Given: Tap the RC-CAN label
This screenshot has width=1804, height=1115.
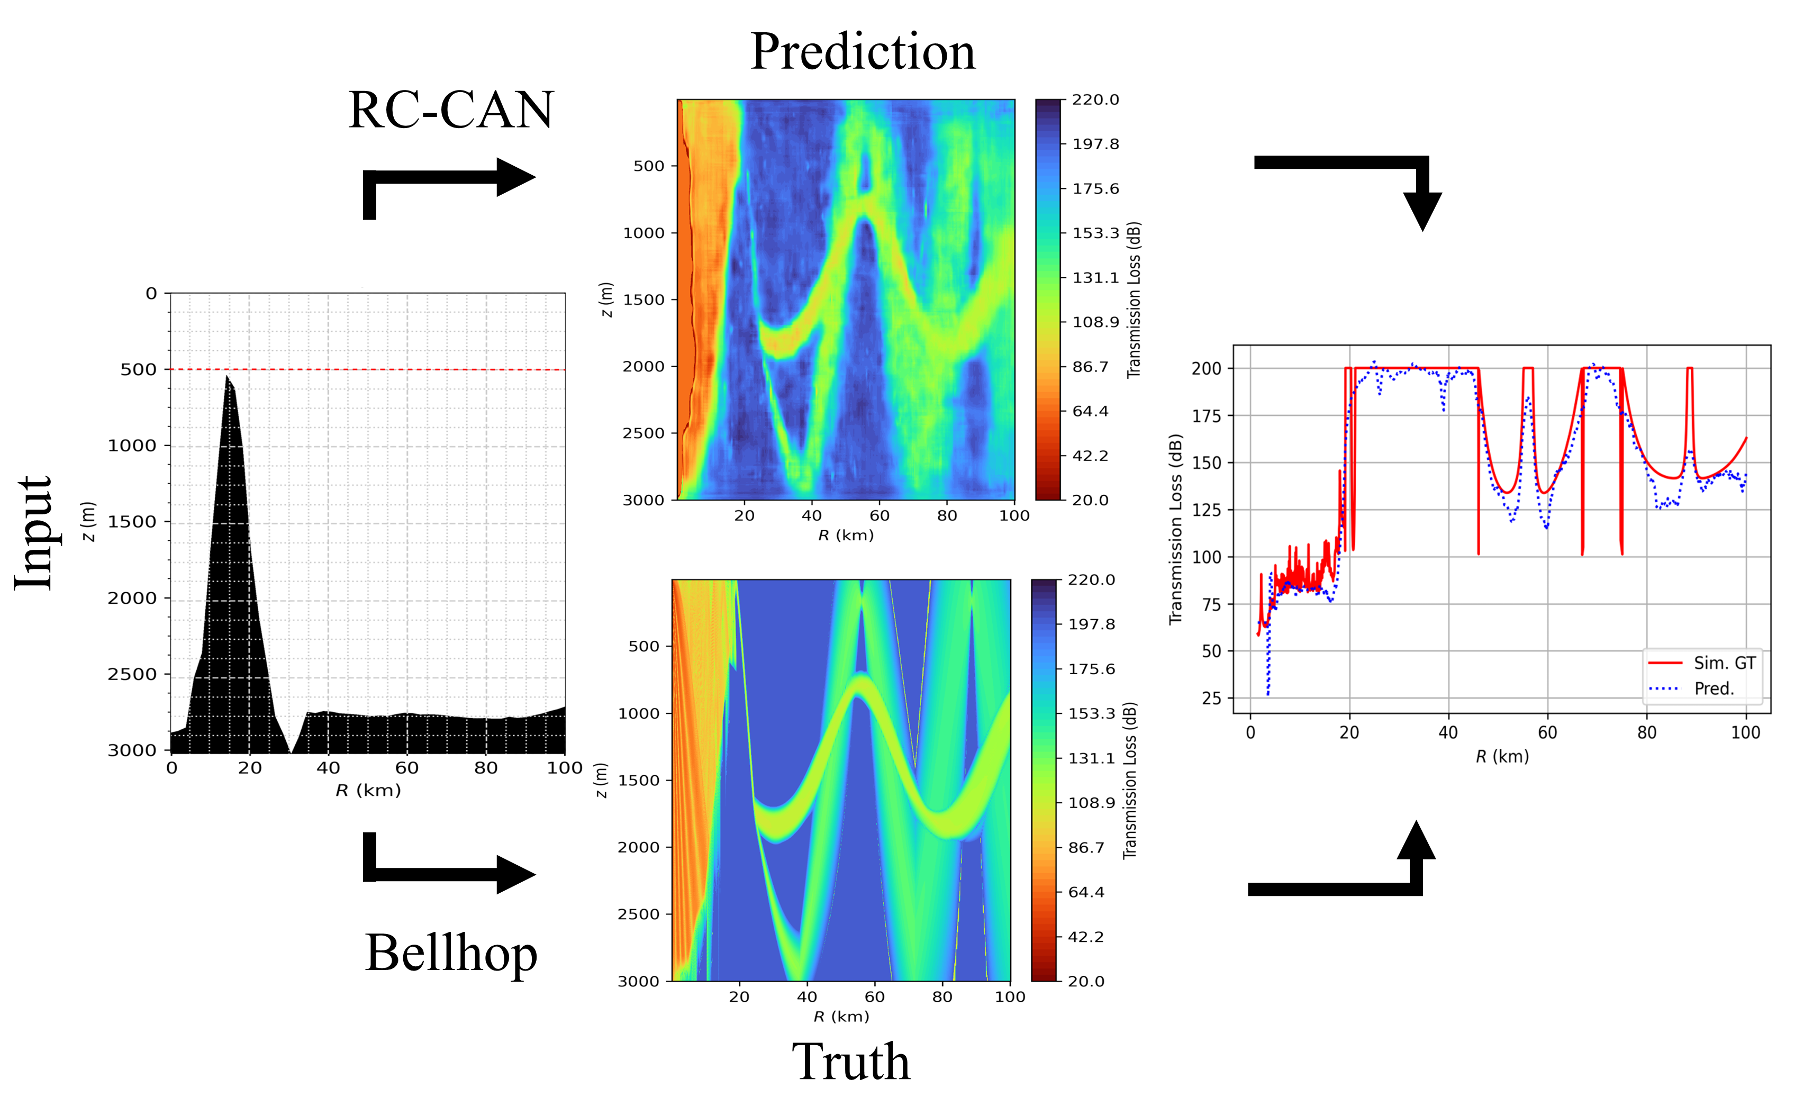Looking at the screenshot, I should click(x=450, y=110).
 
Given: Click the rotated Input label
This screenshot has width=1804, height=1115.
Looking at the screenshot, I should click(x=33, y=532).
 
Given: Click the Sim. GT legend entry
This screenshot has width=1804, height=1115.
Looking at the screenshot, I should click(x=1724, y=663).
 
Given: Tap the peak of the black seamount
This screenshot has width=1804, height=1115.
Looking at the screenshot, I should click(x=227, y=377).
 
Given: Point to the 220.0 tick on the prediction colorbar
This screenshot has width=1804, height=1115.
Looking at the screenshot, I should click(x=1095, y=99).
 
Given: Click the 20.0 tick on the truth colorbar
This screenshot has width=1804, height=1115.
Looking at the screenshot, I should click(x=1085, y=981).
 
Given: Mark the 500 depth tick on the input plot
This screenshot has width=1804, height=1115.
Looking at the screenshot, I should click(x=139, y=369).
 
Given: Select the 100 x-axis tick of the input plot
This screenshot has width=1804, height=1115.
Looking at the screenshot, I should click(x=565, y=768).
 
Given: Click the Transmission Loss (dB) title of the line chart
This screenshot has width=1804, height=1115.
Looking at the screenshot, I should click(x=1175, y=529).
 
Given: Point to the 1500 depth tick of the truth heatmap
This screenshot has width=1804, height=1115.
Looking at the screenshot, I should click(x=638, y=780).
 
